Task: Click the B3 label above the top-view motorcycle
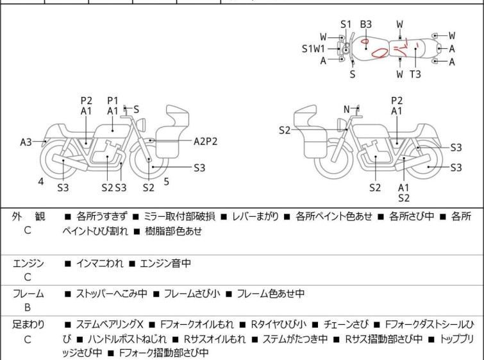[x=365, y=24]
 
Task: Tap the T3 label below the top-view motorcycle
[x=415, y=74]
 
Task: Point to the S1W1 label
[x=313, y=48]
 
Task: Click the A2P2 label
[x=206, y=141]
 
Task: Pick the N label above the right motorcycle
[x=347, y=110]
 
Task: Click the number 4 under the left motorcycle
[x=41, y=182]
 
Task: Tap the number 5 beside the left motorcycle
[x=166, y=182]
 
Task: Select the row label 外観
[x=28, y=217]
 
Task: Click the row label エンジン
[x=28, y=263]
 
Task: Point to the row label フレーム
[x=28, y=294]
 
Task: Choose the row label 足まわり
[x=28, y=325]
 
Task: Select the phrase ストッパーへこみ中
[x=112, y=294]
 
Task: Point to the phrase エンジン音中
[x=165, y=263]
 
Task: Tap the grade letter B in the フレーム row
[x=28, y=307]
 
